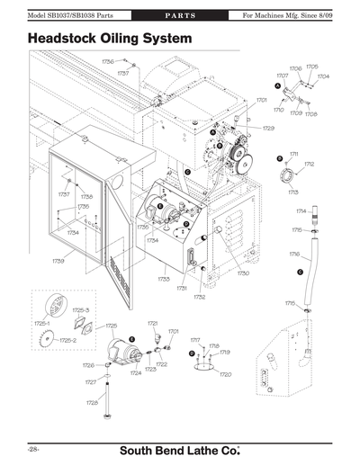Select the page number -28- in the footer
[x=32, y=447]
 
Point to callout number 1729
[x=267, y=129]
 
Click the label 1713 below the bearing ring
[x=293, y=192]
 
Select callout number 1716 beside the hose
[x=294, y=255]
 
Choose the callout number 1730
[x=242, y=273]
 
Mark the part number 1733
[x=164, y=279]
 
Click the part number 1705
[x=311, y=67]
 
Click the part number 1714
[x=301, y=211]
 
